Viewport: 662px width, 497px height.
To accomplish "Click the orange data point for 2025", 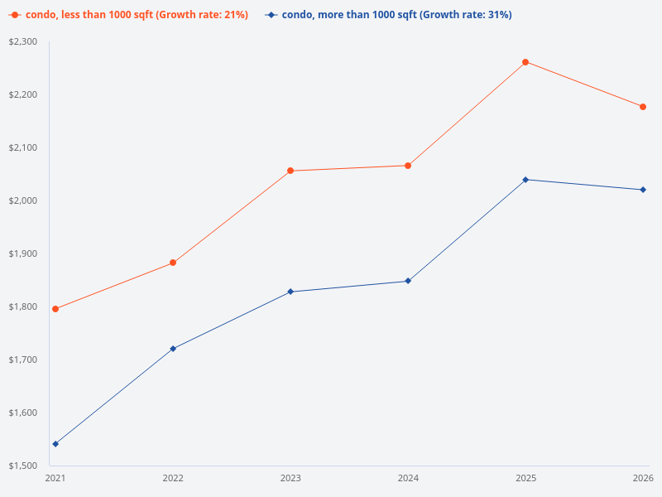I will click(x=525, y=62).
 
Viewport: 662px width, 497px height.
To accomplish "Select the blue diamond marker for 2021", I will click(x=55, y=444).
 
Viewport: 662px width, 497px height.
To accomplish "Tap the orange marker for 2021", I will click(x=55, y=309).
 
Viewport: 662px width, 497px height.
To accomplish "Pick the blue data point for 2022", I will click(x=173, y=349).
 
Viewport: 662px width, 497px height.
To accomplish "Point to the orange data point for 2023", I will click(x=290, y=171).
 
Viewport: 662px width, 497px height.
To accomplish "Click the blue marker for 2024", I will click(x=408, y=281).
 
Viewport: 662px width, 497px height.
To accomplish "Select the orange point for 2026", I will click(x=643, y=107).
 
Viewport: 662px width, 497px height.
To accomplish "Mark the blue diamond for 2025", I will click(x=525, y=180).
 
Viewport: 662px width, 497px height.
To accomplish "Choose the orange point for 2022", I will click(x=173, y=263).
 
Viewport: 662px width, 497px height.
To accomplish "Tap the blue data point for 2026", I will click(x=643, y=190).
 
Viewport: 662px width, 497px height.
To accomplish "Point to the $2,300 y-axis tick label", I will click(x=22, y=41).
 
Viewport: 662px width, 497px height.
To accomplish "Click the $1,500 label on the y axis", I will click(x=22, y=466).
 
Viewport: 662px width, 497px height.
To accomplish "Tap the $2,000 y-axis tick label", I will click(x=22, y=200).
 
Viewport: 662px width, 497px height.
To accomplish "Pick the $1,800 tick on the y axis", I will click(x=22, y=306).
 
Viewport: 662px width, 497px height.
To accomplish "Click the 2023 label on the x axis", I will click(x=290, y=478).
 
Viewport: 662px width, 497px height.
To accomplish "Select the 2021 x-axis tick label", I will click(x=55, y=478).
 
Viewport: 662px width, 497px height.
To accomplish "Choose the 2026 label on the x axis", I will click(x=643, y=478).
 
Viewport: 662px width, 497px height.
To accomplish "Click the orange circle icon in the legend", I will click(x=15, y=15).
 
